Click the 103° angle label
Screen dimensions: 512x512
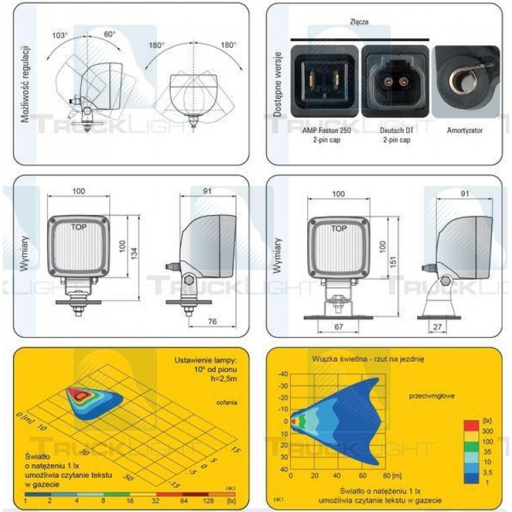click(60, 35)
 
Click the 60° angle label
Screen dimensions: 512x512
click(110, 33)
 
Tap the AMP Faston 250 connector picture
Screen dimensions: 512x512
click(324, 81)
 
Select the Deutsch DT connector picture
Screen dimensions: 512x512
click(395, 81)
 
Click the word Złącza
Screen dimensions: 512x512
click(358, 23)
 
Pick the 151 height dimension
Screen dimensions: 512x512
click(394, 263)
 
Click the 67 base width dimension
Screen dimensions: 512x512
click(339, 326)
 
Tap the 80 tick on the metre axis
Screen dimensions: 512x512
click(387, 475)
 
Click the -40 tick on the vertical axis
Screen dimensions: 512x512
click(283, 373)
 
